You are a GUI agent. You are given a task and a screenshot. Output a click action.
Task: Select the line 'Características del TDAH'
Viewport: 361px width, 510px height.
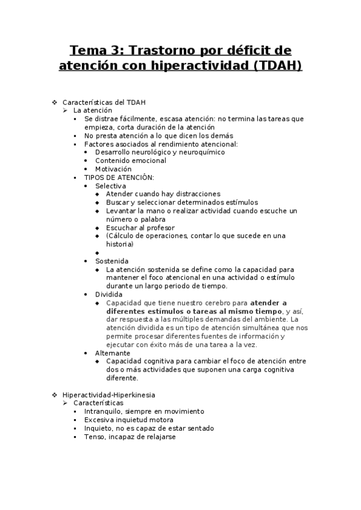pyautogui.click(x=104, y=102)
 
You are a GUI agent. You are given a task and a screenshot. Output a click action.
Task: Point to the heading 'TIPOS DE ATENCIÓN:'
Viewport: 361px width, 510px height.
pyautogui.click(x=119, y=178)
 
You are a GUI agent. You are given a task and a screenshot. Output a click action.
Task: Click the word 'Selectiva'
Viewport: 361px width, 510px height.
pyautogui.click(x=110, y=186)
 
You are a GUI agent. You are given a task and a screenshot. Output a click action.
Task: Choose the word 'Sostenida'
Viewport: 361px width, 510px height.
pyautogui.click(x=111, y=262)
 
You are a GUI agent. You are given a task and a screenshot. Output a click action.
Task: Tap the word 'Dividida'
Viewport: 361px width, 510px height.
pyautogui.click(x=108, y=295)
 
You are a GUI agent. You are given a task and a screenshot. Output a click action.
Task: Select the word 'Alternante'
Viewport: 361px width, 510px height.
pyautogui.click(x=112, y=353)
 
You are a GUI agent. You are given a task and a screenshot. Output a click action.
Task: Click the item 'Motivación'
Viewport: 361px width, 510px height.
pyautogui.click(x=113, y=170)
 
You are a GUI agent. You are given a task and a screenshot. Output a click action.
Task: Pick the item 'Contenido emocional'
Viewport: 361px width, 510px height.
pyautogui.click(x=131, y=161)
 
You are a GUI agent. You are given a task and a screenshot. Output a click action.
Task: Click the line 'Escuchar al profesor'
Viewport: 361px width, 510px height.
pyautogui.click(x=140, y=228)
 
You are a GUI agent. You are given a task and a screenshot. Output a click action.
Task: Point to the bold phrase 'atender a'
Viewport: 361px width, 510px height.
pyautogui.click(x=268, y=303)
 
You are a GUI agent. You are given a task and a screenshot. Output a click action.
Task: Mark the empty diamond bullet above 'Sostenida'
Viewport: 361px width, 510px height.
pyautogui.click(x=98, y=253)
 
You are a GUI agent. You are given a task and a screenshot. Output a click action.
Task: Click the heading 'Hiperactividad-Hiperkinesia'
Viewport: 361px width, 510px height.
pyautogui.click(x=108, y=395)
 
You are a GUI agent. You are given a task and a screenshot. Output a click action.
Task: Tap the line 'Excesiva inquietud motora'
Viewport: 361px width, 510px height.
pyautogui.click(x=129, y=420)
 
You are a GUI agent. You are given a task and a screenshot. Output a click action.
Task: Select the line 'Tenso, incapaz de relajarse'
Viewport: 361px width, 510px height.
pyautogui.click(x=130, y=437)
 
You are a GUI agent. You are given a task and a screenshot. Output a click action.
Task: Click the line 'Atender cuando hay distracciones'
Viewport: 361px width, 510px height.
pyautogui.click(x=163, y=194)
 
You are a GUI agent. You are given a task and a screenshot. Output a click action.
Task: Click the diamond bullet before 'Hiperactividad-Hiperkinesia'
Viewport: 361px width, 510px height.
pyautogui.click(x=55, y=395)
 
